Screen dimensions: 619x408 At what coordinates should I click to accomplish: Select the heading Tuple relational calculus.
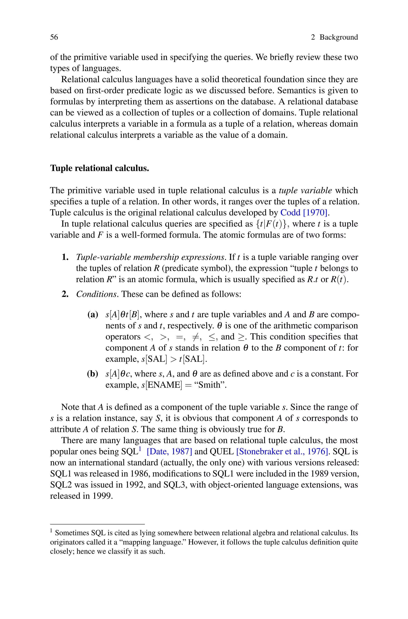(99, 168)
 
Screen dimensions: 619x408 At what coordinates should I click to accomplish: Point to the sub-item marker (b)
(92, 374)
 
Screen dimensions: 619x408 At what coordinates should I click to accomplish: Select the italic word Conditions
(96, 294)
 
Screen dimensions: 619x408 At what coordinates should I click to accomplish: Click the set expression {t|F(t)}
(271, 224)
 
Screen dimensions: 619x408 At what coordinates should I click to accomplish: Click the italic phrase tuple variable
(305, 191)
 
